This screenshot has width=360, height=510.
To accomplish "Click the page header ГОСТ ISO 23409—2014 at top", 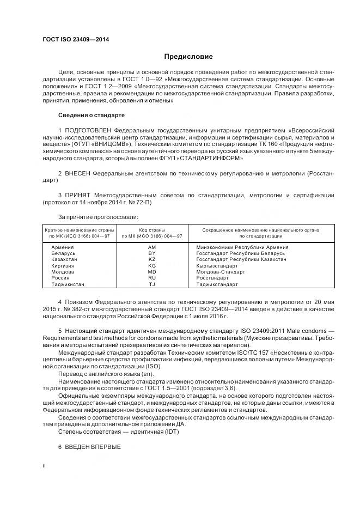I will click(x=76, y=39).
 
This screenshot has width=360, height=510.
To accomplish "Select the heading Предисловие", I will click(x=188, y=57).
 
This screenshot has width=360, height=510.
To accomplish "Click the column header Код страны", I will click(x=151, y=230).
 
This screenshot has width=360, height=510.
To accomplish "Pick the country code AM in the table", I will click(x=151, y=247).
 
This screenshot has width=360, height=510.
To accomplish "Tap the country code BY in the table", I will click(x=151, y=253).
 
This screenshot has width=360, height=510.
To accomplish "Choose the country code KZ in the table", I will click(x=151, y=259).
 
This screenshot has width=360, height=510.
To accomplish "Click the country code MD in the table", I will click(x=151, y=272).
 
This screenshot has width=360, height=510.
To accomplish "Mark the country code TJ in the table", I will click(x=151, y=284).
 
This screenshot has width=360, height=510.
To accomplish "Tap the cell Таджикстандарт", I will click(x=217, y=284).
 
